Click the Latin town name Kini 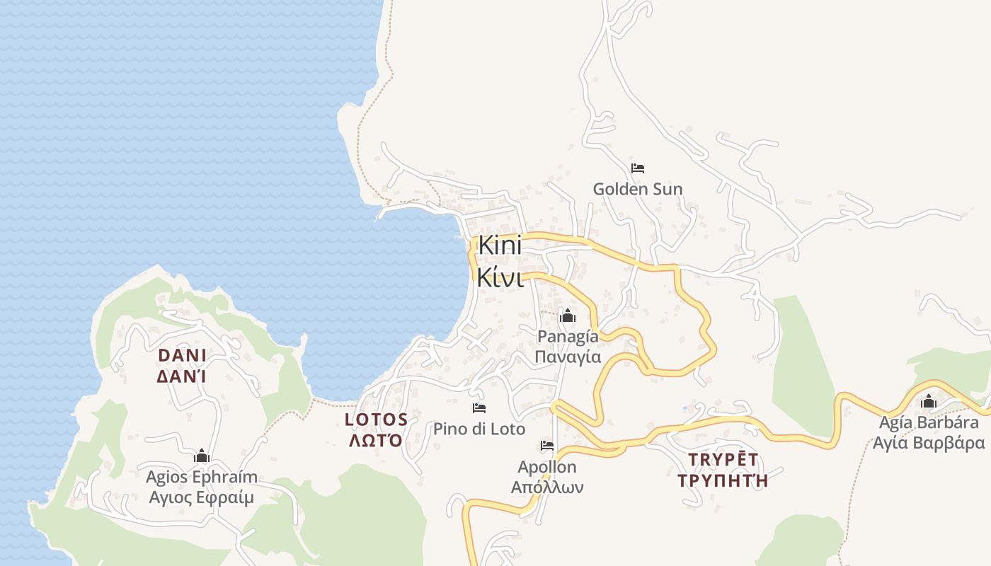coord(500,246)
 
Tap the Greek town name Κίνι coord(500,277)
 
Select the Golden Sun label coord(638,189)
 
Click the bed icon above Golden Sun coord(638,168)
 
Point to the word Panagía coord(568,337)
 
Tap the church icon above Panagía coord(568,316)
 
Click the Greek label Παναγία coord(568,357)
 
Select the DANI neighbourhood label coord(182,355)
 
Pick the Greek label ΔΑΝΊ coord(182,376)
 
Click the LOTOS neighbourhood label coord(376,420)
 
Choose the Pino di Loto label coord(479,429)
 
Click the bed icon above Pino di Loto coord(479,408)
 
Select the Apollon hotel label coord(547,467)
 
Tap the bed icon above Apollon coord(547,446)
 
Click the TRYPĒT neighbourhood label coord(723,460)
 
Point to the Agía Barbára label coord(929,423)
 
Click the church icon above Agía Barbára coord(929,403)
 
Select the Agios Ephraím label coord(202,477)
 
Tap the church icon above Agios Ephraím coord(202,456)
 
